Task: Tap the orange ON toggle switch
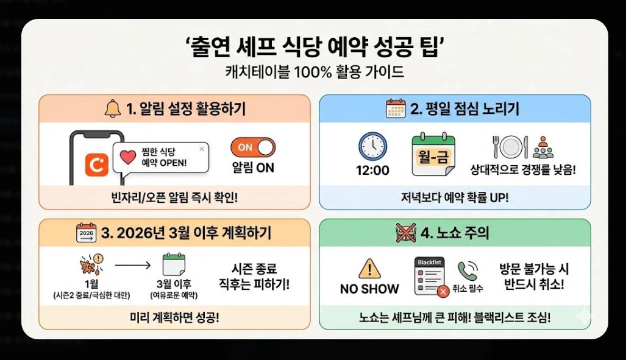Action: pyautogui.click(x=252, y=147)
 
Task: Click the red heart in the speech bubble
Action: pyautogui.click(x=128, y=157)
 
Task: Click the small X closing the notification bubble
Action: pyautogui.click(x=202, y=148)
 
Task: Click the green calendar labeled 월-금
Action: pyautogui.click(x=433, y=151)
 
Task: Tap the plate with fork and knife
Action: pyautogui.click(x=509, y=147)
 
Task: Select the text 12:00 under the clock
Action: pyautogui.click(x=372, y=171)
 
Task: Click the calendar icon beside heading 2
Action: pyautogui.click(x=396, y=109)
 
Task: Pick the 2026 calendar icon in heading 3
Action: pyautogui.click(x=87, y=233)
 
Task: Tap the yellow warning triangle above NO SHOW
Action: pyautogui.click(x=369, y=268)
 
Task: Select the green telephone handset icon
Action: pyautogui.click(x=467, y=270)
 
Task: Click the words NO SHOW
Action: pyautogui.click(x=369, y=289)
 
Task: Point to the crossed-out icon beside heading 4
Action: pyautogui.click(x=407, y=233)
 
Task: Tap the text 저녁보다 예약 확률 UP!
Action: pyautogui.click(x=454, y=197)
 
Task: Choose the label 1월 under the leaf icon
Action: pyautogui.click(x=90, y=284)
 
